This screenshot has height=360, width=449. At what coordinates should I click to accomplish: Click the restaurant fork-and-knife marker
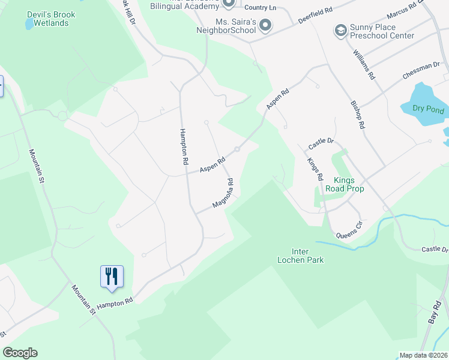pyautogui.click(x=112, y=277)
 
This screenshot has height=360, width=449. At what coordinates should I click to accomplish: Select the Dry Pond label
pyautogui.click(x=428, y=109)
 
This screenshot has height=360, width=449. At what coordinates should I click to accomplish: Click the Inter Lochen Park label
pyautogui.click(x=300, y=256)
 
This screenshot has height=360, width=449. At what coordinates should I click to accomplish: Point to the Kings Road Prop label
pyautogui.click(x=345, y=184)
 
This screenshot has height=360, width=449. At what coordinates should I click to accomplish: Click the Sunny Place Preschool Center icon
pyautogui.click(x=340, y=31)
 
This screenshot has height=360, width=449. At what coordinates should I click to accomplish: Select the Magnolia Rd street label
pyautogui.click(x=223, y=193)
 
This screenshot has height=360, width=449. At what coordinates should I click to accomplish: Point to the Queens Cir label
pyautogui.click(x=350, y=229)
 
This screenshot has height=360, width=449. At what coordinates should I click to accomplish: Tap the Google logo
pyautogui.click(x=20, y=353)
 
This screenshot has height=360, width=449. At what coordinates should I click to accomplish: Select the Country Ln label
pyautogui.click(x=261, y=8)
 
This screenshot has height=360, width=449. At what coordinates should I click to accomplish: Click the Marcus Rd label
pyautogui.click(x=402, y=10)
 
